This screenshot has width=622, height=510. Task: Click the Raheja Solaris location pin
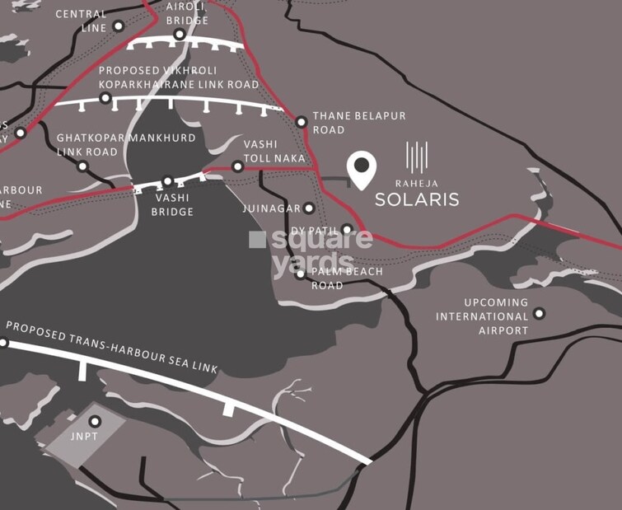pyautogui.click(x=361, y=168)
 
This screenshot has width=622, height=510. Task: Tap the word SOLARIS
pyautogui.click(x=417, y=199)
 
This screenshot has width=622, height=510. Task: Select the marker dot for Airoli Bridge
pyautogui.click(x=180, y=34)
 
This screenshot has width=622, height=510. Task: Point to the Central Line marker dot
pyautogui.click(x=119, y=26)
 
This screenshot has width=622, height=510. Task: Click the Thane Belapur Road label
pyautogui.click(x=358, y=123)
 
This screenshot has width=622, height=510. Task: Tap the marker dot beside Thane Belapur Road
pyautogui.click(x=302, y=122)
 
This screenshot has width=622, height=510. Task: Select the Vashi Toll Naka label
pyautogui.click(x=274, y=150)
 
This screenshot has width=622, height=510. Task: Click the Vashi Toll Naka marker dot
pyautogui.click(x=237, y=166)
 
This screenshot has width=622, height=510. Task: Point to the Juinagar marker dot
pyautogui.click(x=309, y=208)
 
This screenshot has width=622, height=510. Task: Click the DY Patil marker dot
pyautogui.click(x=348, y=229)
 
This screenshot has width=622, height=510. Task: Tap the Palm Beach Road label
pyautogui.click(x=347, y=278)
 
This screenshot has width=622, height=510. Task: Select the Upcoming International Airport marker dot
pyautogui.click(x=539, y=313)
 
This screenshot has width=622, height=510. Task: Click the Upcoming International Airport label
pyautogui.click(x=483, y=316)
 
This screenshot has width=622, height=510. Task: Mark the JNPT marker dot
pyautogui.click(x=95, y=422)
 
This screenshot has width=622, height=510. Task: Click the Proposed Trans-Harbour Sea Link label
pyautogui.click(x=112, y=345)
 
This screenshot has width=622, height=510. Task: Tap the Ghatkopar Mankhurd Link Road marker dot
pyautogui.click(x=82, y=166)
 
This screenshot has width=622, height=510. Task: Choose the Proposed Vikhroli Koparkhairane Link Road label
pyautogui.click(x=178, y=77)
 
